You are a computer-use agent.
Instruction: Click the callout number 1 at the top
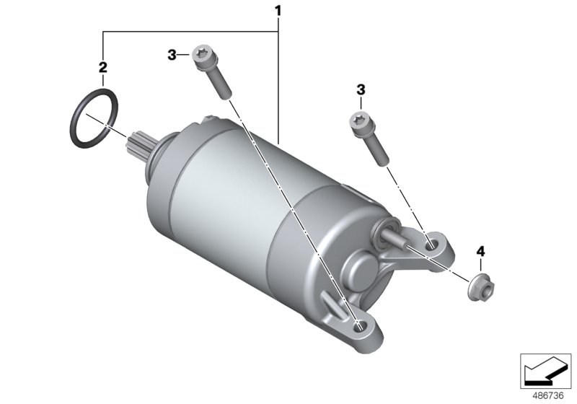click(x=278, y=11)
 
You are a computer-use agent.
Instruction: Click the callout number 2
click(x=102, y=67)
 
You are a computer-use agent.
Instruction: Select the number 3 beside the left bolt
click(x=172, y=56)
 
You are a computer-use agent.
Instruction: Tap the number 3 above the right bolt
click(x=361, y=89)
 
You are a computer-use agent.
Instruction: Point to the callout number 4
click(x=480, y=252)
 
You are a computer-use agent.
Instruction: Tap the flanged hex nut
click(x=481, y=287)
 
